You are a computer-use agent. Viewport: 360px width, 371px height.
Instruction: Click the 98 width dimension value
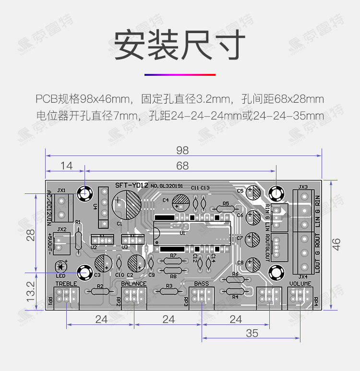pyautogui.click(x=182, y=150)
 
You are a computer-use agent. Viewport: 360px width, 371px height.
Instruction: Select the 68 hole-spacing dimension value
pyautogui.click(x=182, y=166)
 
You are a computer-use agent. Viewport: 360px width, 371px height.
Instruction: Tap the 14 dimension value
pyautogui.click(x=66, y=166)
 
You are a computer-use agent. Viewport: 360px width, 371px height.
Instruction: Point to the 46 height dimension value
pyautogui.click(x=337, y=245)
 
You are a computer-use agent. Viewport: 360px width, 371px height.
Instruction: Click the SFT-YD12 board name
pyautogui.click(x=132, y=185)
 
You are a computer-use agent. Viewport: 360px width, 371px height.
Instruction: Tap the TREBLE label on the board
pyautogui.click(x=66, y=284)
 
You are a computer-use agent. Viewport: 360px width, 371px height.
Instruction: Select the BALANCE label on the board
pyautogui.click(x=133, y=284)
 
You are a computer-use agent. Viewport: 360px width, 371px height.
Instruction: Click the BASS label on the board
pyautogui.click(x=202, y=284)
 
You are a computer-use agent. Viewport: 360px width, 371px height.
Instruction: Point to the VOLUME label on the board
pyautogui.click(x=301, y=284)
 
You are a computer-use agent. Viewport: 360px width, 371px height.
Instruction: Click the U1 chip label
pyautogui.click(x=182, y=233)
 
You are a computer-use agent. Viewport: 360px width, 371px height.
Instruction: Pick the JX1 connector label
pyautogui.click(x=61, y=190)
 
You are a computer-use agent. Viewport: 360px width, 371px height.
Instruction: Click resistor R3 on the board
pyautogui.click(x=168, y=291)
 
